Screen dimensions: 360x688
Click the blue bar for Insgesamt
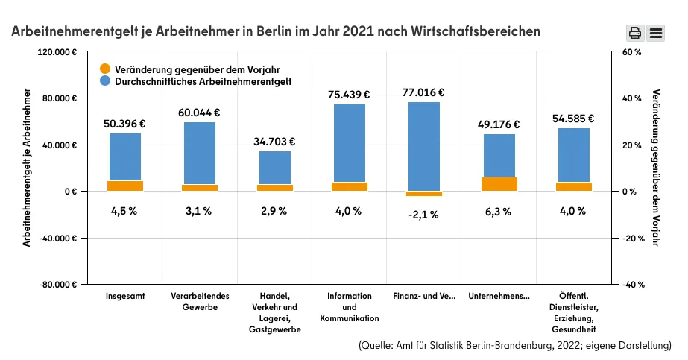(125, 156)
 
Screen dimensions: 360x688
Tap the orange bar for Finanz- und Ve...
(424, 194)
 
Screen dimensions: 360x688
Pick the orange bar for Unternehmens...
(499, 184)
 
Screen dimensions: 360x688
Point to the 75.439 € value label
(349, 95)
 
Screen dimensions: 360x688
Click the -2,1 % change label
(423, 215)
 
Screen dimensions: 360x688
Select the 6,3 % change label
(499, 212)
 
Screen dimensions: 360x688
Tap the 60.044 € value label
(199, 113)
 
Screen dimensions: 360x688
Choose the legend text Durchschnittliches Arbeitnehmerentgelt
(203, 80)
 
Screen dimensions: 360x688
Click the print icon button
(634, 32)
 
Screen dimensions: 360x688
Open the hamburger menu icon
(656, 32)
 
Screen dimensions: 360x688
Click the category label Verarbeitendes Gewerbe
(200, 302)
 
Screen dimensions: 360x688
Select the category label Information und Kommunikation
(349, 307)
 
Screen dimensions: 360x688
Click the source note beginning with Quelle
(514, 346)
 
